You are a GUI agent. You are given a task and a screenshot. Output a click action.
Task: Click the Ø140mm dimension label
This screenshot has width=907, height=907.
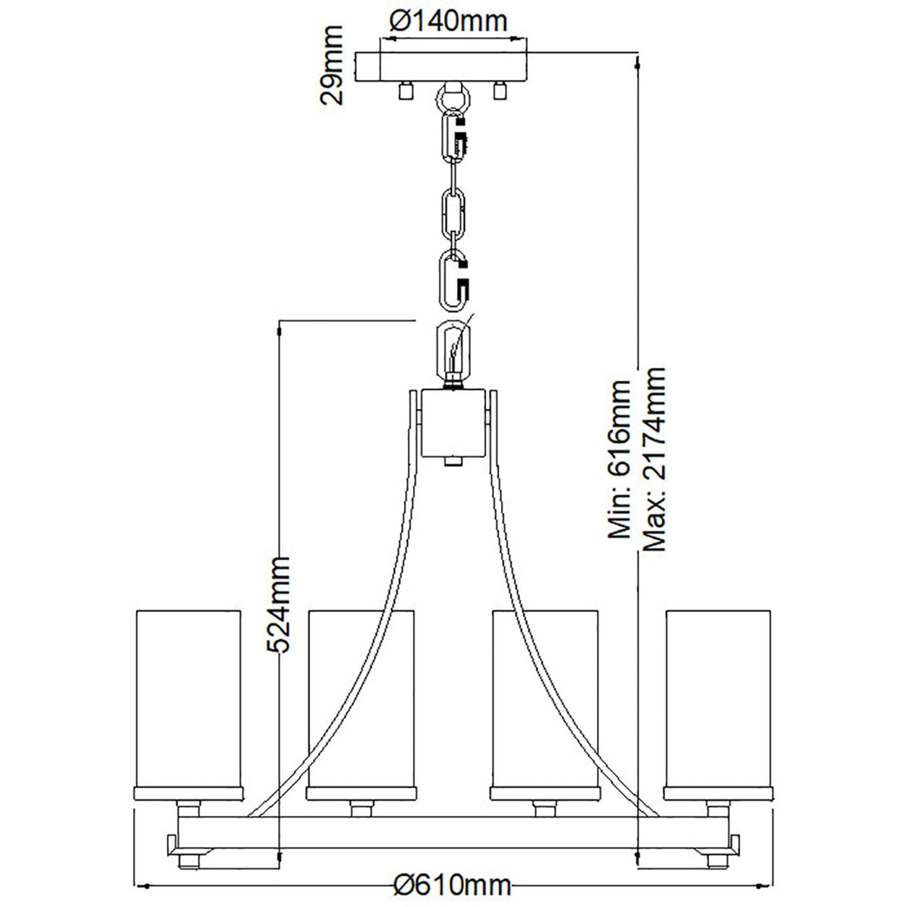[x=448, y=22]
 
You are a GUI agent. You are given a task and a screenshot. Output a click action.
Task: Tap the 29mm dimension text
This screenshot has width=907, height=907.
[x=331, y=65]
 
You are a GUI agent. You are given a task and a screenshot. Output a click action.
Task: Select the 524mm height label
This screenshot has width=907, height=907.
[x=277, y=605]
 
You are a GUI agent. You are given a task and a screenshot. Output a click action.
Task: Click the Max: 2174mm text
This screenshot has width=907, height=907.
[x=655, y=460]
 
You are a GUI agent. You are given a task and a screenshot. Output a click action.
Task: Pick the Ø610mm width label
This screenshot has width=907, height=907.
[x=452, y=885]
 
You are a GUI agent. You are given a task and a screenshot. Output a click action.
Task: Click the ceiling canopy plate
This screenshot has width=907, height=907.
[x=441, y=67]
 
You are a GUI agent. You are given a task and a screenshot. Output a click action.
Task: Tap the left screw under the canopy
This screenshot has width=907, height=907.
[x=405, y=90]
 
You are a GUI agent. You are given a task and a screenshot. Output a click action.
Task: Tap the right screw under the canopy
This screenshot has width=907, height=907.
[x=500, y=90]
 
